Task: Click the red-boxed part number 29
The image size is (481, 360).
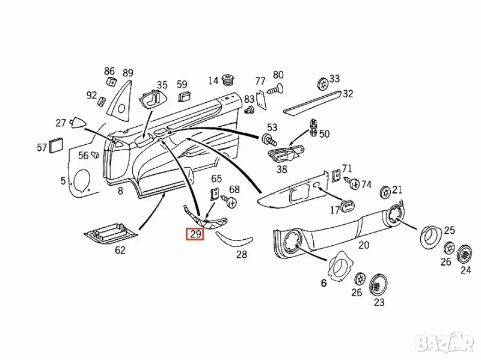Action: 195,234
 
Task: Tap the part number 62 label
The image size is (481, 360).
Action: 120,250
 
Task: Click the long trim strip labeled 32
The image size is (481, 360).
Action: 313,103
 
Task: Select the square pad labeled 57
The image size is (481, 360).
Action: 58,145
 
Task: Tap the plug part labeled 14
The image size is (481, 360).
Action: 228,81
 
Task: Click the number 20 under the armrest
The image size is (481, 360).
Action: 364,245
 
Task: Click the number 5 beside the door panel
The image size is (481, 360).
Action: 63,180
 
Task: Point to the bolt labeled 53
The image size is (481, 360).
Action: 268,141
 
